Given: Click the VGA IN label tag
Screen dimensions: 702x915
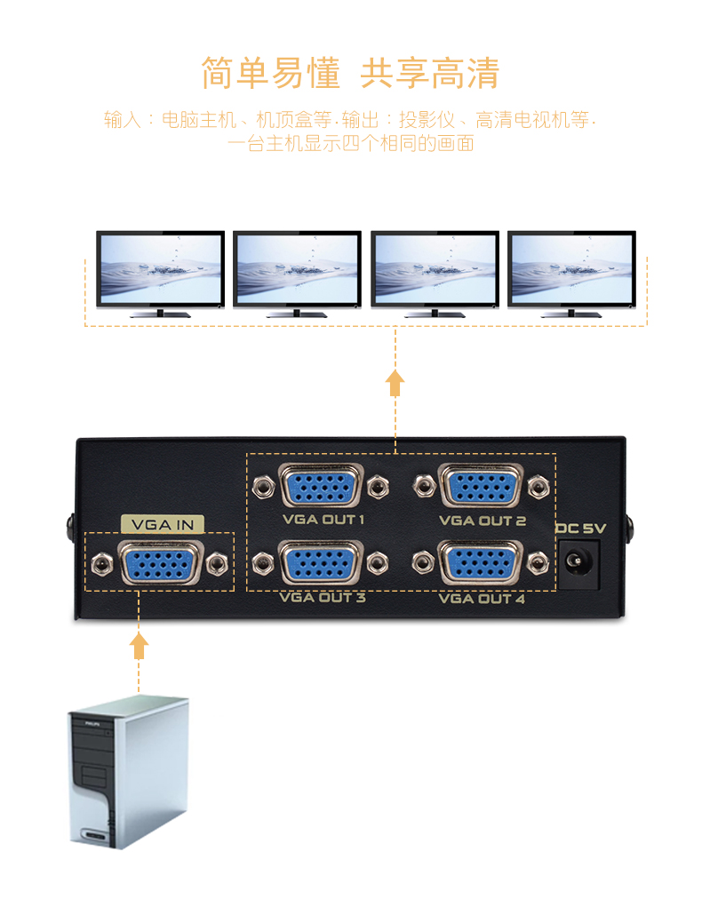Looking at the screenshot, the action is (163, 524).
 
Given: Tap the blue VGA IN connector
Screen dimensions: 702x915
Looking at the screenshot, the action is (161, 564).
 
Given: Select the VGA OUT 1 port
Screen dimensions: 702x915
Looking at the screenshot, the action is (321, 485).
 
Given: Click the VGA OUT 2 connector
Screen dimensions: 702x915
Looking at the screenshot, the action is (481, 485).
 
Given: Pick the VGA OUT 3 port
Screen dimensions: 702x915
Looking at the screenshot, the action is (321, 563).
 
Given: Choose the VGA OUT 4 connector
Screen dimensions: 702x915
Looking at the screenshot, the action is (480, 563).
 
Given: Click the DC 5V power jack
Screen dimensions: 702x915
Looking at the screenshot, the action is (578, 564).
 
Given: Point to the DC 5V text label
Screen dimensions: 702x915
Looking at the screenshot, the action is (580, 529).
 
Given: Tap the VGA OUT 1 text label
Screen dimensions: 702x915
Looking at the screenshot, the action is (323, 520).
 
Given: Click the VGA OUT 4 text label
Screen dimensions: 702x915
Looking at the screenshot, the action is (482, 599).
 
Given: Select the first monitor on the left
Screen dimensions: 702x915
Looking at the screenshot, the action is (161, 274).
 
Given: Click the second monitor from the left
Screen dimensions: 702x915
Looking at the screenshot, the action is (297, 274).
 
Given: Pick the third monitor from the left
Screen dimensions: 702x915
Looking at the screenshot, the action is (435, 274).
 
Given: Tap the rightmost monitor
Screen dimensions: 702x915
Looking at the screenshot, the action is (572, 274).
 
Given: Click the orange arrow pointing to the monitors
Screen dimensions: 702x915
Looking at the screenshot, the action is (395, 383).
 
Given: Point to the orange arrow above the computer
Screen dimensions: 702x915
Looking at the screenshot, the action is (139, 646).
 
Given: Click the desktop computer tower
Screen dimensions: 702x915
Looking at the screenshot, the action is (128, 771).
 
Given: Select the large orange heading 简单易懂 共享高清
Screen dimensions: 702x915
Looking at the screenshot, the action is (350, 74).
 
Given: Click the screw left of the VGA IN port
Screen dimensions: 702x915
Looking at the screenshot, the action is (102, 564).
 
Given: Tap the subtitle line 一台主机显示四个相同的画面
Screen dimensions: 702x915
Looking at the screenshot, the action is (350, 143).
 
